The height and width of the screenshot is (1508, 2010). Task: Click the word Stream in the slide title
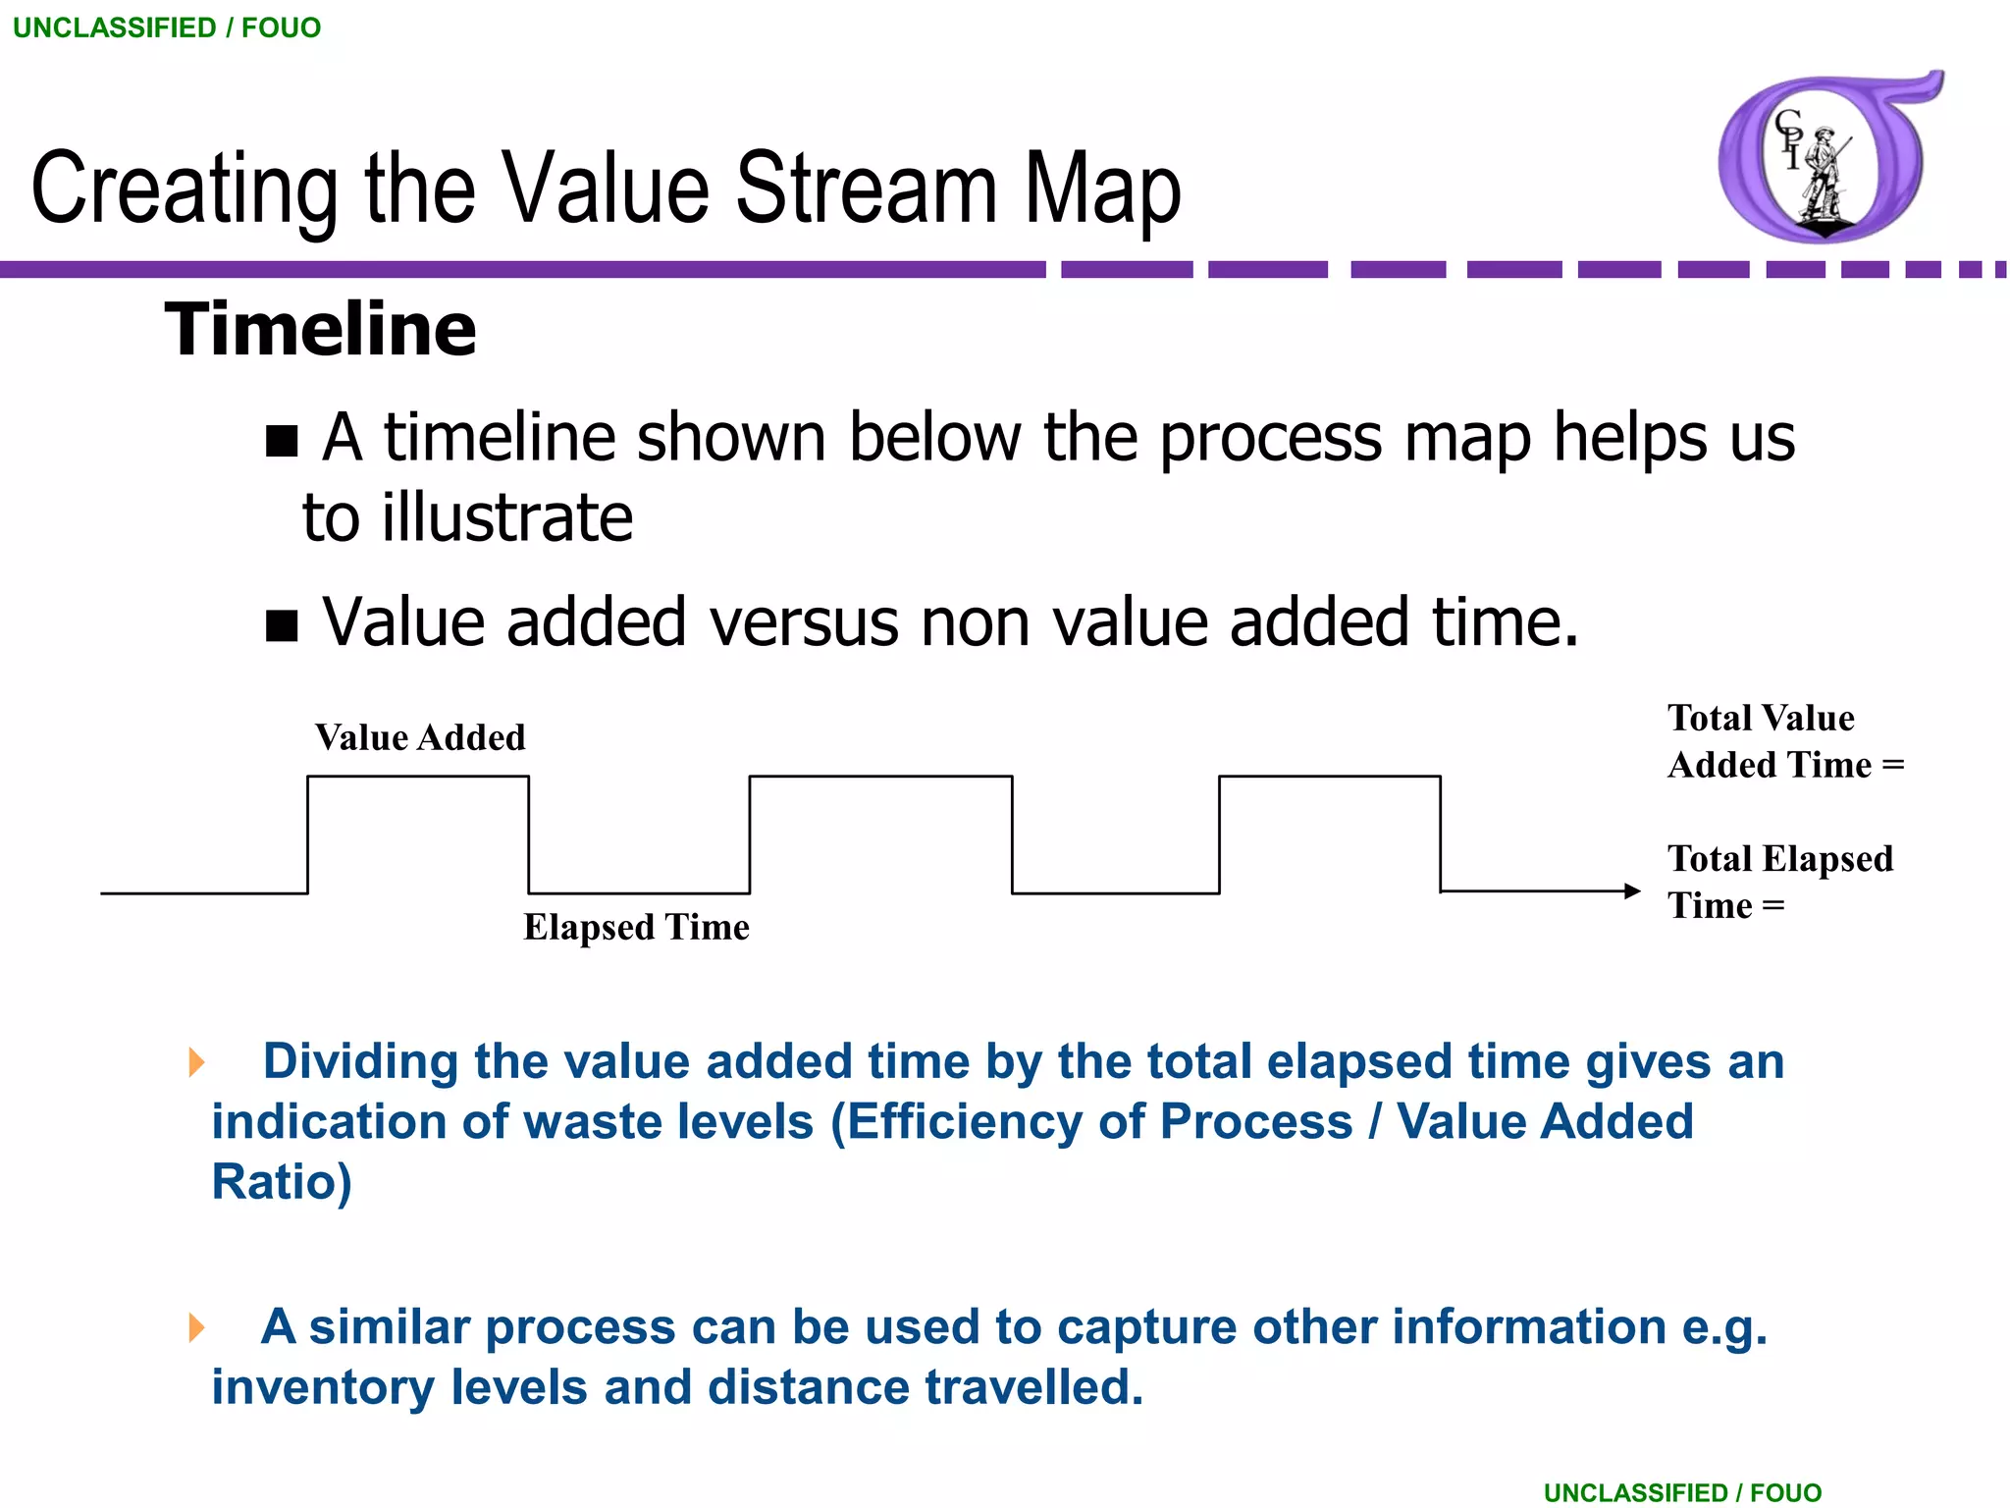pos(866,188)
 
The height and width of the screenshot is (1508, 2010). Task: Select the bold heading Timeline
pos(321,330)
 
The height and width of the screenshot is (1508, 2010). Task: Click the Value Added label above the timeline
pos(420,738)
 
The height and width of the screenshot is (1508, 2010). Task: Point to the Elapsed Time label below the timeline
pos(636,928)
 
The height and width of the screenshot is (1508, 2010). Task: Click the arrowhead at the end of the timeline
pos(1632,891)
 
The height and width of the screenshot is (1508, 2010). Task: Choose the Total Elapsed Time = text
pos(1778,882)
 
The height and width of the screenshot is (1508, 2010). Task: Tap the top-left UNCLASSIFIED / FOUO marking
pos(167,27)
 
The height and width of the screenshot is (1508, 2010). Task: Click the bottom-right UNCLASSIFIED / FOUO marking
pos(1682,1492)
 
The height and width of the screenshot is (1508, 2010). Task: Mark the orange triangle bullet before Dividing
pos(197,1061)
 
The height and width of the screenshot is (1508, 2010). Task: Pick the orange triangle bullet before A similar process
pos(197,1327)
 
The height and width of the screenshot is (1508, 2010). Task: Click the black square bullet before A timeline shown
pos(282,442)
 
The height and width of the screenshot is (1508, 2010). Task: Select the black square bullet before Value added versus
pos(282,625)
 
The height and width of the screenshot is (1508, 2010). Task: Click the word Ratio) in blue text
pos(282,1182)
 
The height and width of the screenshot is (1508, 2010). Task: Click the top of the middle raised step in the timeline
pos(880,777)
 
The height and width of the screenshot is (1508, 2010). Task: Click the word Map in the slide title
pos(1102,188)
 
